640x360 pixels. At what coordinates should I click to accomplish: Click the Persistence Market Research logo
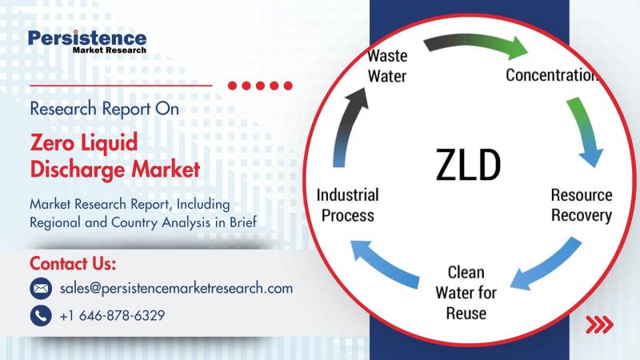pyautogui.click(x=87, y=42)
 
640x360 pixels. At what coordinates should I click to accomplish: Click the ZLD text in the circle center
pyautogui.click(x=468, y=165)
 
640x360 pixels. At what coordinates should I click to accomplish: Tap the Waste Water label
pyautogui.click(x=387, y=66)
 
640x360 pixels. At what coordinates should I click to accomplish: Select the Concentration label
pyautogui.click(x=552, y=74)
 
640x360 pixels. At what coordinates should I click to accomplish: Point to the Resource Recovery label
pyautogui.click(x=582, y=205)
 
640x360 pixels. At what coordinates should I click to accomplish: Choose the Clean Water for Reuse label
pyautogui.click(x=466, y=293)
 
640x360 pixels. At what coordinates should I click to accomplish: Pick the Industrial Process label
pyautogui.click(x=348, y=205)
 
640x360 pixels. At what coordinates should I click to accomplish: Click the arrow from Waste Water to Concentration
pyautogui.click(x=475, y=43)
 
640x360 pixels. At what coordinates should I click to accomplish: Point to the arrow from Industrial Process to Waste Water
pyautogui.click(x=346, y=126)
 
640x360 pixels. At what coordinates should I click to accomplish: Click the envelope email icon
pyautogui.click(x=41, y=289)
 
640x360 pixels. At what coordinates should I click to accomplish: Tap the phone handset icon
pyautogui.click(x=41, y=315)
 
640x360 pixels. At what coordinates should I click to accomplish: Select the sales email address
pyautogui.click(x=176, y=288)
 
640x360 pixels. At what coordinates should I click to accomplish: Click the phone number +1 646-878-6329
pyautogui.click(x=112, y=315)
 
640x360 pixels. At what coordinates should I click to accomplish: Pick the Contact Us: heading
pyautogui.click(x=73, y=264)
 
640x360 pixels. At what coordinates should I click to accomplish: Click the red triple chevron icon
pyautogui.click(x=599, y=324)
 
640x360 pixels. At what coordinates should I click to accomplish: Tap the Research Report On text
pyautogui.click(x=105, y=109)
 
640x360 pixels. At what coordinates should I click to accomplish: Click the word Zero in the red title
pyautogui.click(x=51, y=142)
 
